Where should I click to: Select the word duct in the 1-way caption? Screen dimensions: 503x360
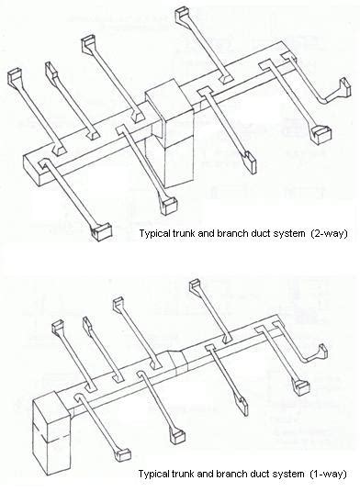coord(252,474)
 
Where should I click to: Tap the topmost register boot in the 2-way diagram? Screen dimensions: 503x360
coord(179,15)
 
